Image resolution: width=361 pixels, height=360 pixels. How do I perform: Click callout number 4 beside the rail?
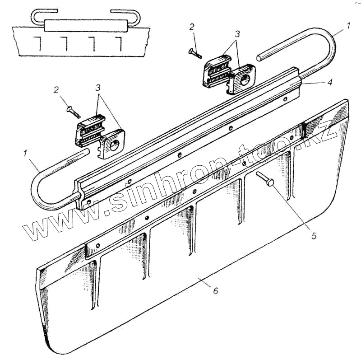(x=330, y=82)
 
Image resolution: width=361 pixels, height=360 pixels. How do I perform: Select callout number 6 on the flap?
(x=215, y=291)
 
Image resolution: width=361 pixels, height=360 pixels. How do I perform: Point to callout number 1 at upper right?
(x=348, y=26)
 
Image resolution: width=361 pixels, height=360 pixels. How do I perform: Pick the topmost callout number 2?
(x=192, y=27)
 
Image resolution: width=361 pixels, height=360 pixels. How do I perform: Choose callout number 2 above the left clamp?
(x=56, y=90)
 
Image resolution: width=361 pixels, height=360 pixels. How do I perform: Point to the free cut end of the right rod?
(x=259, y=58)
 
